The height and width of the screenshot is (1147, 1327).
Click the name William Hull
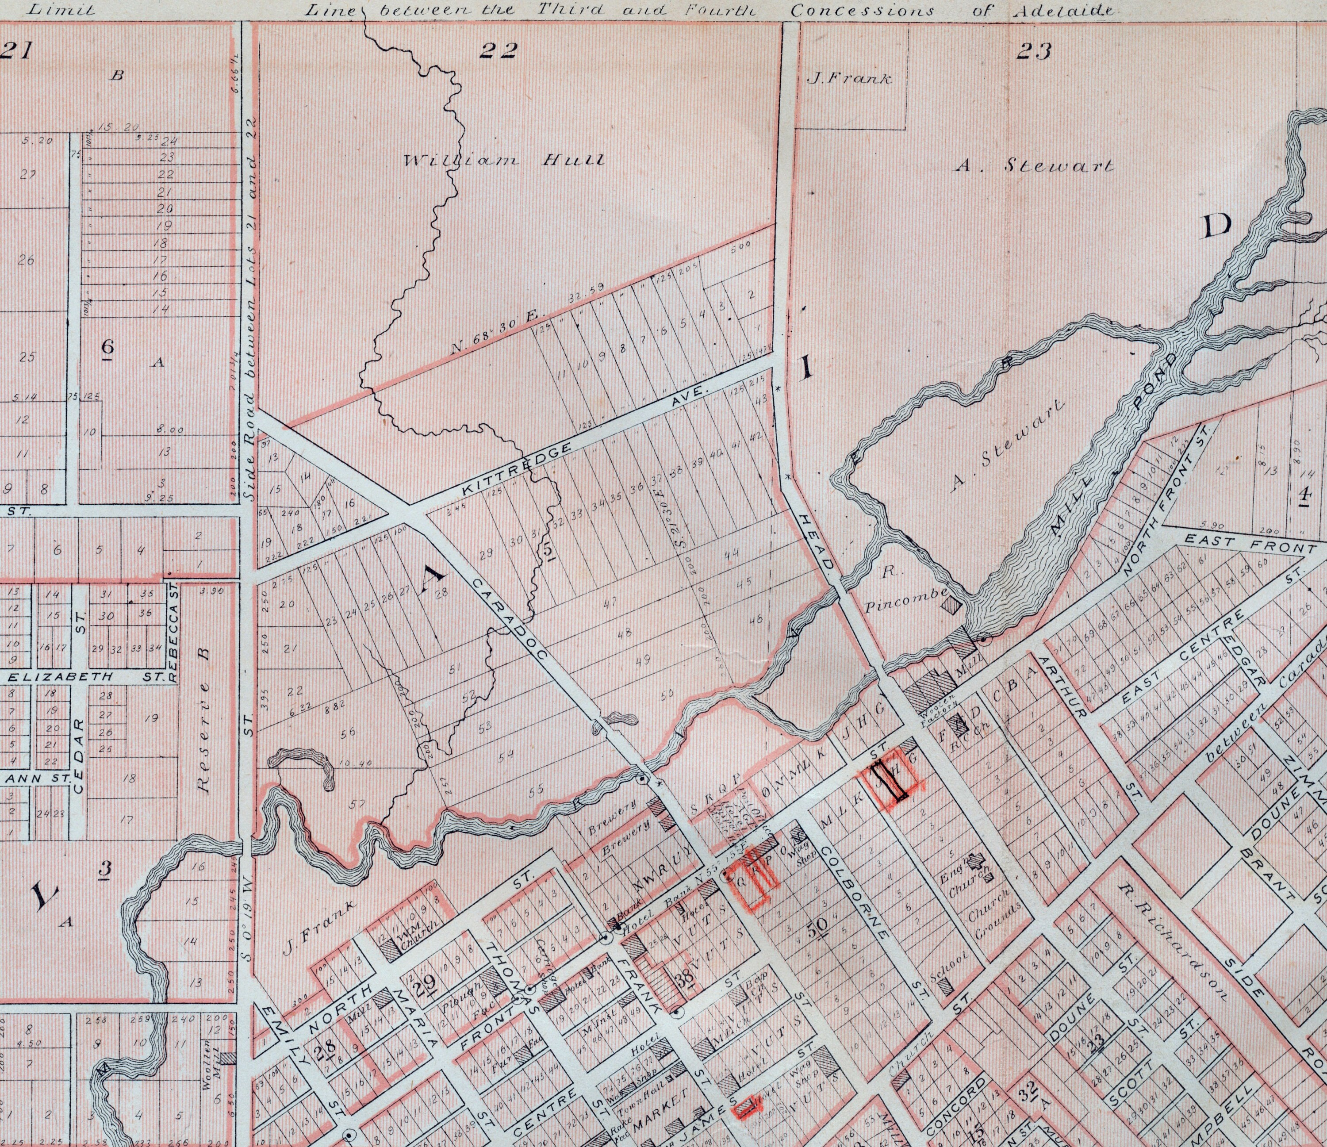(x=503, y=160)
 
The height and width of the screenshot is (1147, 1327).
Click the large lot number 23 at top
(x=1034, y=52)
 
